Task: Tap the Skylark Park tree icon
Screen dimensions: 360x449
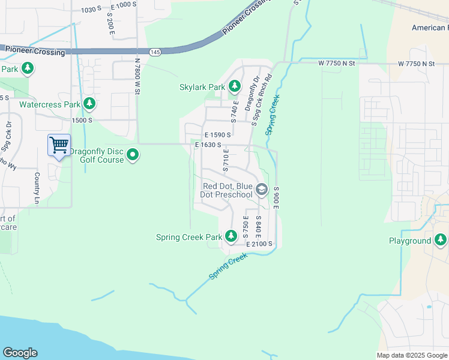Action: pyautogui.click(x=234, y=87)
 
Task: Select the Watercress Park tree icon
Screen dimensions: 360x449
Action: pyautogui.click(x=89, y=104)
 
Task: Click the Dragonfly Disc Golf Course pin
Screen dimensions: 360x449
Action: pyautogui.click(x=133, y=155)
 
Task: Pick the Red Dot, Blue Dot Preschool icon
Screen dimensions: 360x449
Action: pyautogui.click(x=261, y=190)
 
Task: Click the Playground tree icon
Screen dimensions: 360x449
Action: pyautogui.click(x=441, y=241)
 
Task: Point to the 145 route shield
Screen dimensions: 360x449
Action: pyautogui.click(x=155, y=52)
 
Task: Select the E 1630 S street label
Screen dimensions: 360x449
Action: pyautogui.click(x=208, y=145)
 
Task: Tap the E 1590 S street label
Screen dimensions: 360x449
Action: pyautogui.click(x=217, y=135)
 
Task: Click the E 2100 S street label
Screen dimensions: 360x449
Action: pyautogui.click(x=259, y=244)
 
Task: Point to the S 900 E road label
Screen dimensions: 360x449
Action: pyautogui.click(x=277, y=197)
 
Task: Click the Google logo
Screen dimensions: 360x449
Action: pyautogui.click(x=20, y=353)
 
